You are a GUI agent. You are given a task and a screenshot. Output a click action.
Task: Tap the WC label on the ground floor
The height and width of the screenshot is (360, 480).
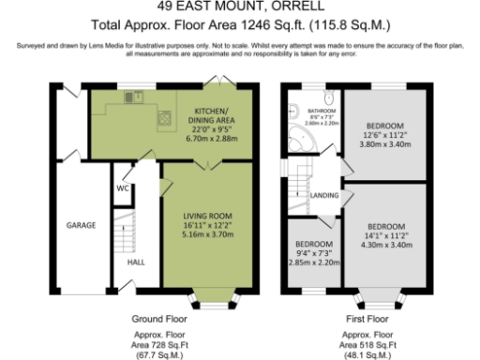click(122, 187)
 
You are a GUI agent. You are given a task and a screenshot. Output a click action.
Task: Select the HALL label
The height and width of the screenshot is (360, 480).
click(135, 262)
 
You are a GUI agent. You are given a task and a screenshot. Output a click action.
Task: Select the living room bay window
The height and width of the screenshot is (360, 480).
click(209, 303)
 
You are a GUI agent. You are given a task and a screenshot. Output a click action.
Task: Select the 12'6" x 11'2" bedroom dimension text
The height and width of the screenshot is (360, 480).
click(383, 133)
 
